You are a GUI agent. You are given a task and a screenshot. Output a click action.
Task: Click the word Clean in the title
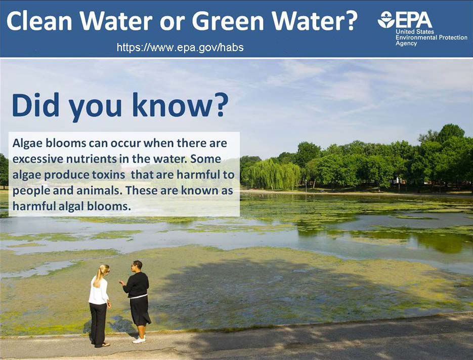click(39, 21)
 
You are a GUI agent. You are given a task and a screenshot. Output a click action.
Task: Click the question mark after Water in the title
click(351, 21)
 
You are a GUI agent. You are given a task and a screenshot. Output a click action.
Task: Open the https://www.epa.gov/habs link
click(180, 48)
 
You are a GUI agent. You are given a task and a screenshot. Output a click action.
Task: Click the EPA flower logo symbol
click(386, 20)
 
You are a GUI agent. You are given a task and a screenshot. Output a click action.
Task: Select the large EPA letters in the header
click(414, 20)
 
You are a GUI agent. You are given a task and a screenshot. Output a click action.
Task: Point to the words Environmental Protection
click(432, 37)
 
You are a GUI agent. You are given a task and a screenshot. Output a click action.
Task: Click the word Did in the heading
click(35, 105)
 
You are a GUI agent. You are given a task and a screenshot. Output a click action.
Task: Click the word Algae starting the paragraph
click(27, 143)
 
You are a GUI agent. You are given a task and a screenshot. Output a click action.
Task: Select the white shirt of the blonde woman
click(98, 291)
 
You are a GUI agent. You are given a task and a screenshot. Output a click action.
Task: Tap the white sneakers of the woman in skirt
click(139, 340)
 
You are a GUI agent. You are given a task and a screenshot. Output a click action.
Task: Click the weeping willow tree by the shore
click(273, 175)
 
